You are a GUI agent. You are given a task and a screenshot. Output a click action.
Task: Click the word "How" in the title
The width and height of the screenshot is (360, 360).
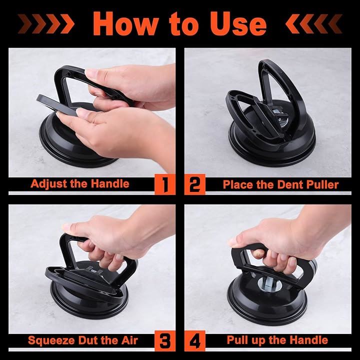click(x=125, y=23)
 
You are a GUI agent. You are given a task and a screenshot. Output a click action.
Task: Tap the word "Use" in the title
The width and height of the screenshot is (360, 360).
click(x=238, y=23)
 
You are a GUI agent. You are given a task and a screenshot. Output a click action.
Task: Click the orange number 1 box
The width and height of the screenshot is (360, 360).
click(x=165, y=184)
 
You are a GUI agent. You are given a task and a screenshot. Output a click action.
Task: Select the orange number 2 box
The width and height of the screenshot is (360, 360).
click(x=195, y=184)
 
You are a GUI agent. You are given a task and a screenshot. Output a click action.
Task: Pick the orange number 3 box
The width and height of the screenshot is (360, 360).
click(x=165, y=340)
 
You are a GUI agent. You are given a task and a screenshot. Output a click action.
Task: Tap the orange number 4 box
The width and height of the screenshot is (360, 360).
click(x=195, y=340)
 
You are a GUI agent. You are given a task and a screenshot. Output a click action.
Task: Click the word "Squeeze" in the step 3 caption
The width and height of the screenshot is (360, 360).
click(x=51, y=340)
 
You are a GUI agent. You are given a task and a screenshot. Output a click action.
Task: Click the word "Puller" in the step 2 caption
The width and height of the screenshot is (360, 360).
click(x=322, y=184)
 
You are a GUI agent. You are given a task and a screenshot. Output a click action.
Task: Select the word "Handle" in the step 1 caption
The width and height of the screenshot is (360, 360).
click(x=110, y=183)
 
